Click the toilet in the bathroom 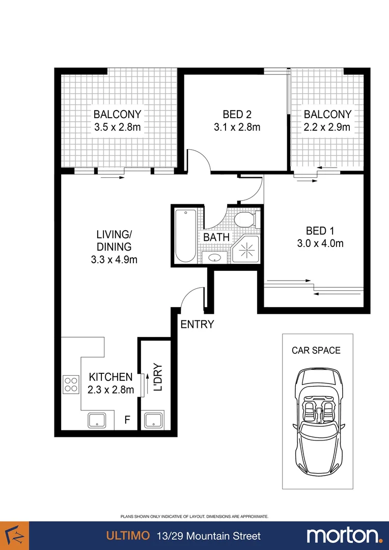pyautogui.click(x=245, y=221)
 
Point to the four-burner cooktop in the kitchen pyautogui.click(x=71, y=384)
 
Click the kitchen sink pyautogui.click(x=97, y=420)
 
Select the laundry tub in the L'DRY pyautogui.click(x=153, y=420)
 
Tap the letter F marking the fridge pyautogui.click(x=128, y=421)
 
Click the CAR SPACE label pyautogui.click(x=316, y=350)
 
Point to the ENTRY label pyautogui.click(x=197, y=324)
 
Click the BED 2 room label pyautogui.click(x=237, y=114)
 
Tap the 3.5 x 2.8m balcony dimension pyautogui.click(x=117, y=127)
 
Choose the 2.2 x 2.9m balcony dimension pyautogui.click(x=327, y=127)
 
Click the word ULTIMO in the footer pyautogui.click(x=127, y=536)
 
